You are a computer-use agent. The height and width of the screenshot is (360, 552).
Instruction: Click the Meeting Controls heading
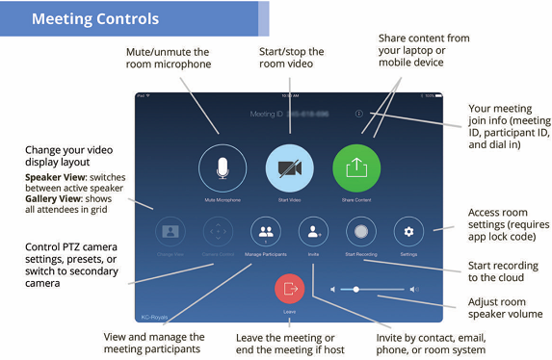coord(95,18)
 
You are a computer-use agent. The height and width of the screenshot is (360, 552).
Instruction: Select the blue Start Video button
coord(290,167)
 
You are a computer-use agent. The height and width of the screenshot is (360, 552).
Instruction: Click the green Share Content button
coord(356,167)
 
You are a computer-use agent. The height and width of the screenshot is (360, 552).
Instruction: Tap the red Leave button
coord(290,288)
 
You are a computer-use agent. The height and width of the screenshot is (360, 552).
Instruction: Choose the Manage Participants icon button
coord(266,231)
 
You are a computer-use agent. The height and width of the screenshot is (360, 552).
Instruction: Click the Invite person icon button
coord(313,231)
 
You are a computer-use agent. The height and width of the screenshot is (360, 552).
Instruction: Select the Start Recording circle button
coord(361,231)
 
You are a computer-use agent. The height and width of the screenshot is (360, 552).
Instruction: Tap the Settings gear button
coord(408,231)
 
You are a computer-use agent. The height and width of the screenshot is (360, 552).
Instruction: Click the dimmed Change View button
coord(171,231)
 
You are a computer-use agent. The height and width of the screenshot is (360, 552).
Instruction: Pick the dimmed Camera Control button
coord(219,231)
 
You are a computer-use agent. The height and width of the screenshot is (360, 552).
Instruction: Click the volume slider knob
coord(355,288)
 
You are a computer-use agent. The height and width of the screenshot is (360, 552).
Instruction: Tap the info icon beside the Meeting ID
coord(358,115)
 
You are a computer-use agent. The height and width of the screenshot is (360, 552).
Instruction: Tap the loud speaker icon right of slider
coord(414,288)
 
